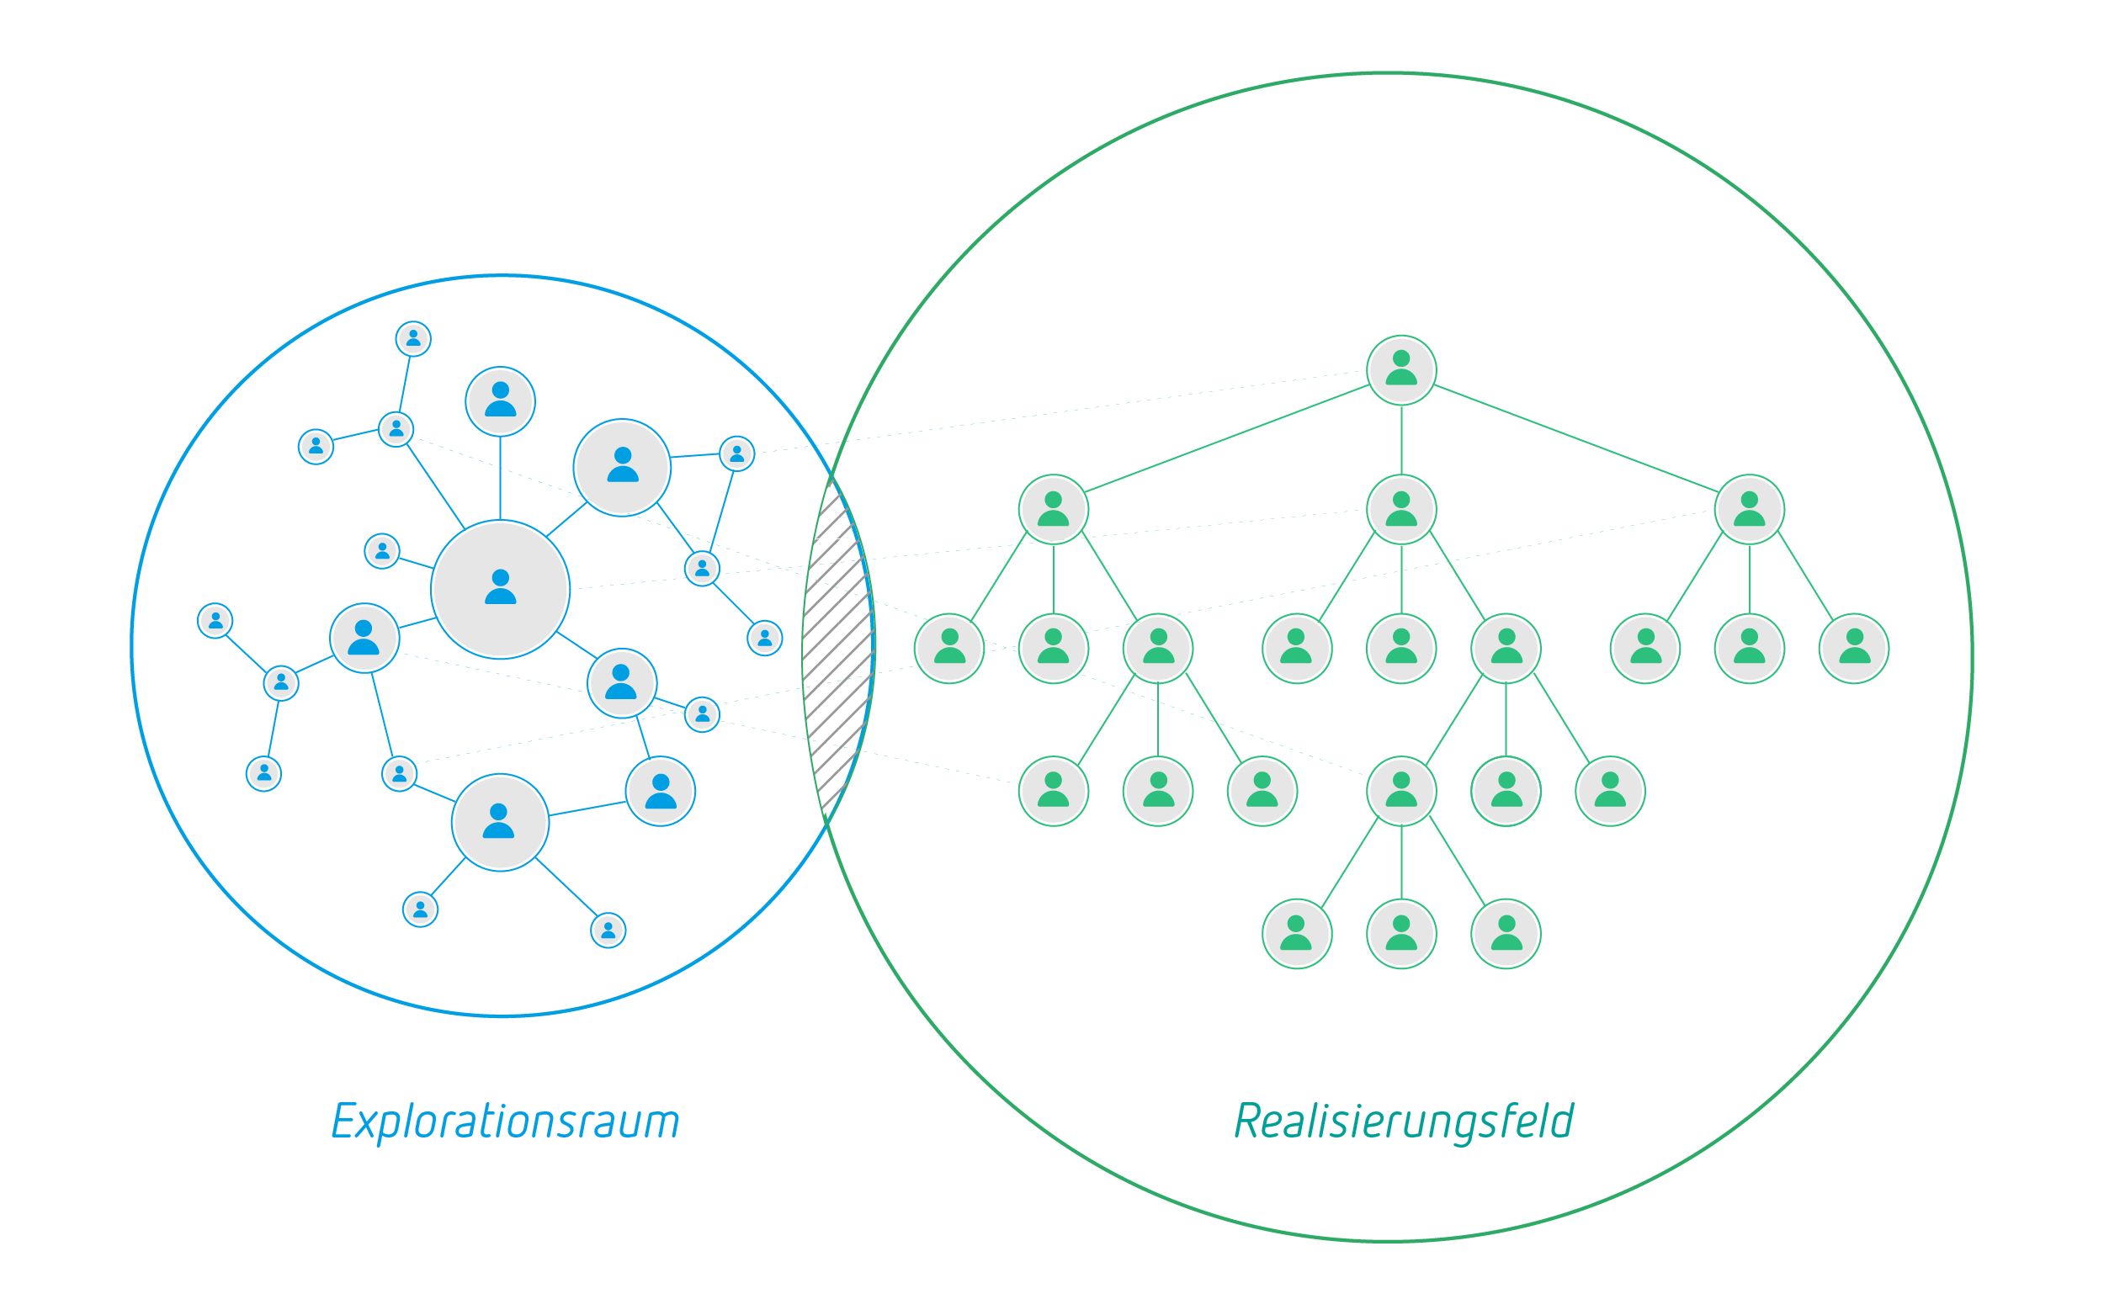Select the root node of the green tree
[1401, 369]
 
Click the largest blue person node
[500, 590]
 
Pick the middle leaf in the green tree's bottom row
[1401, 934]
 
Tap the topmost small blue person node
[413, 338]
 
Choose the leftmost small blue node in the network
[215, 621]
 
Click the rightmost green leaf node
[1853, 649]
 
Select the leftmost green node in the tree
[949, 649]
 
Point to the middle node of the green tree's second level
[1401, 510]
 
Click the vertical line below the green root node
[1401, 439]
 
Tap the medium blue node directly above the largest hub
[500, 402]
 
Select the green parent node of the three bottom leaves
[1401, 792]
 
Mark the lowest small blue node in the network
[608, 931]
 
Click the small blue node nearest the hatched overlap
[764, 639]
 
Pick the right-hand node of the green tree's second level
[1749, 510]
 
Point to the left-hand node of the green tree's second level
[1054, 510]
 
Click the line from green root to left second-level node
[1226, 439]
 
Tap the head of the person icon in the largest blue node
[500, 577]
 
